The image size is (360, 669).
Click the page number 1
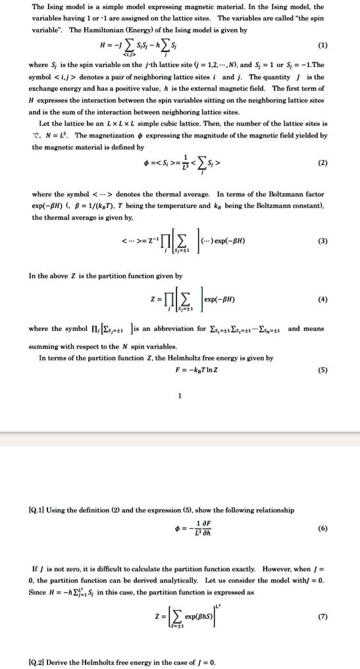click(x=179, y=395)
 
